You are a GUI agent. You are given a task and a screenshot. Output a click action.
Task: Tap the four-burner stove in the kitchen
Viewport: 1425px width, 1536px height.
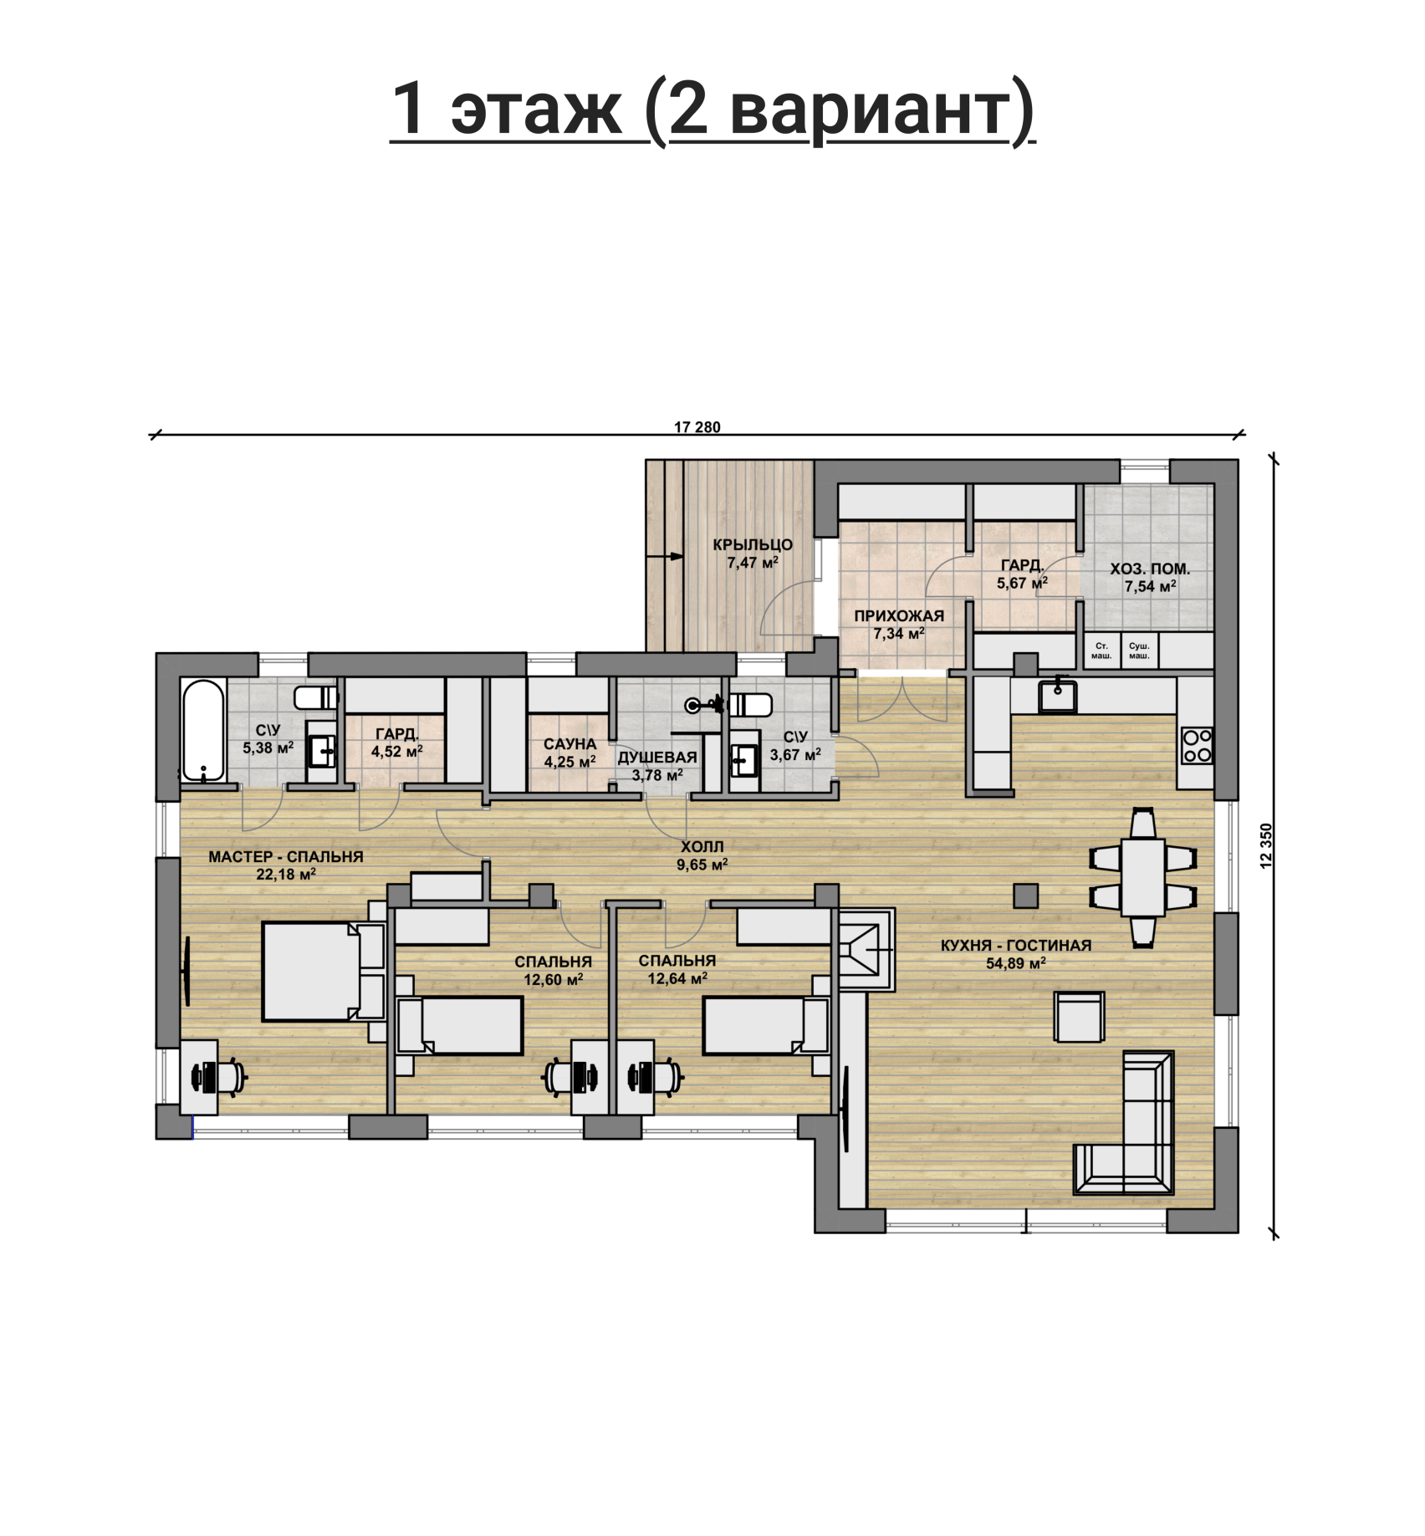point(1197,746)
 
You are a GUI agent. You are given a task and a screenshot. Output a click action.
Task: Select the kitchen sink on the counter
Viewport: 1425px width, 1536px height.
point(1058,694)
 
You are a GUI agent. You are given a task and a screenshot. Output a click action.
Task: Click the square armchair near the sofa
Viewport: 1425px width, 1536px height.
point(1080,1017)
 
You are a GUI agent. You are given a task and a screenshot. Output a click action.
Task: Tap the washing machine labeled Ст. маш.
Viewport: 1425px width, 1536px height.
point(1101,651)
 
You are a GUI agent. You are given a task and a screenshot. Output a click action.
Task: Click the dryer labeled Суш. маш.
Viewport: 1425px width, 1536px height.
point(1139,651)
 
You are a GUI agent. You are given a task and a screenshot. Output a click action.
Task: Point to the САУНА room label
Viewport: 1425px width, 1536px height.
point(569,744)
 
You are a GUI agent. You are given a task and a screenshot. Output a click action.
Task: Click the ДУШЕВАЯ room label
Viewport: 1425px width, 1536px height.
point(657,758)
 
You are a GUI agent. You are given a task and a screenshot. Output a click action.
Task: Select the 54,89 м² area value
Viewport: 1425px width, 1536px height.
point(1016,963)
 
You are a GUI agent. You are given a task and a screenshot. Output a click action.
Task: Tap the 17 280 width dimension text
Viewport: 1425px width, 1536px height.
point(697,427)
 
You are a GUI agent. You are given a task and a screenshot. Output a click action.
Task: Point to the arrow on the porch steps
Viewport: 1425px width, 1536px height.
point(666,555)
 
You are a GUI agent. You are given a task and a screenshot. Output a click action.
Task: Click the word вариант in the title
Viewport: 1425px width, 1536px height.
point(875,110)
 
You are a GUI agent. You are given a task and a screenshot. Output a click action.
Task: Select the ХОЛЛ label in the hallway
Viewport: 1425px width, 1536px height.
point(702,847)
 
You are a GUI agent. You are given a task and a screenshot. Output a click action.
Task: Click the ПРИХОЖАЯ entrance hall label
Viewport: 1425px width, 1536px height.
point(899,616)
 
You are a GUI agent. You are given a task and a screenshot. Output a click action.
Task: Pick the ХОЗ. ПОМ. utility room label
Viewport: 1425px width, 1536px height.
point(1150,569)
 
